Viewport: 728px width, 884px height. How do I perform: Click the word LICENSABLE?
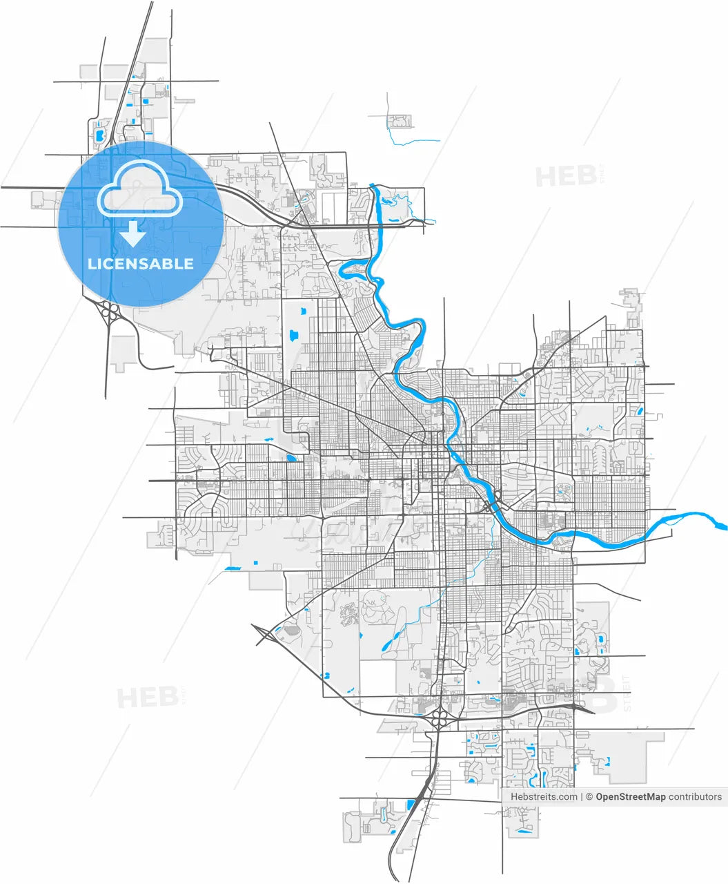(x=140, y=264)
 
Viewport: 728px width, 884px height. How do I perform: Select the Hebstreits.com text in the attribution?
(x=544, y=797)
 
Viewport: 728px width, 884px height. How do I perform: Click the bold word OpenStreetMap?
(x=631, y=797)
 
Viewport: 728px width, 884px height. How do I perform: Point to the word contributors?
(x=695, y=797)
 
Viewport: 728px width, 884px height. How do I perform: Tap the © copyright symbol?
(x=590, y=797)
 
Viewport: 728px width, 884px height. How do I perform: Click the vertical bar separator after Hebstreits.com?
(x=582, y=797)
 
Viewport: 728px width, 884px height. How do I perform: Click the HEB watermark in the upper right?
(x=567, y=176)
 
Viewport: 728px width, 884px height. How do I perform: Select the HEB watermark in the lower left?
(x=148, y=698)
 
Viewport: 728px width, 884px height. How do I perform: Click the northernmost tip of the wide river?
(x=373, y=186)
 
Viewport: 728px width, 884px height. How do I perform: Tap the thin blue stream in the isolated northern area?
(x=413, y=142)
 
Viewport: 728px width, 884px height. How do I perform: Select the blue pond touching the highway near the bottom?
(x=411, y=804)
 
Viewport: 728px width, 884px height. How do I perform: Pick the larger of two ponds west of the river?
(x=294, y=336)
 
